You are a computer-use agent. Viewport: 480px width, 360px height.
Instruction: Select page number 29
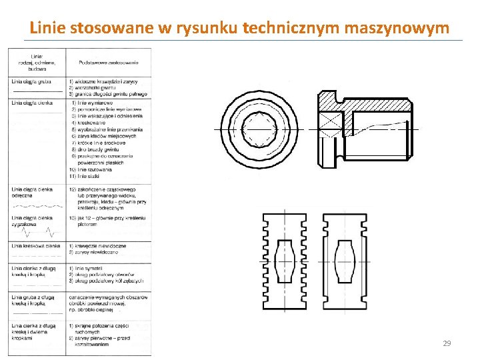point(447,343)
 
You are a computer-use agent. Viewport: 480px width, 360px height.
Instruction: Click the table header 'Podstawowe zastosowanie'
point(108,62)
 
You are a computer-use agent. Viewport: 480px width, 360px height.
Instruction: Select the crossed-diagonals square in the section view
point(328,126)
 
